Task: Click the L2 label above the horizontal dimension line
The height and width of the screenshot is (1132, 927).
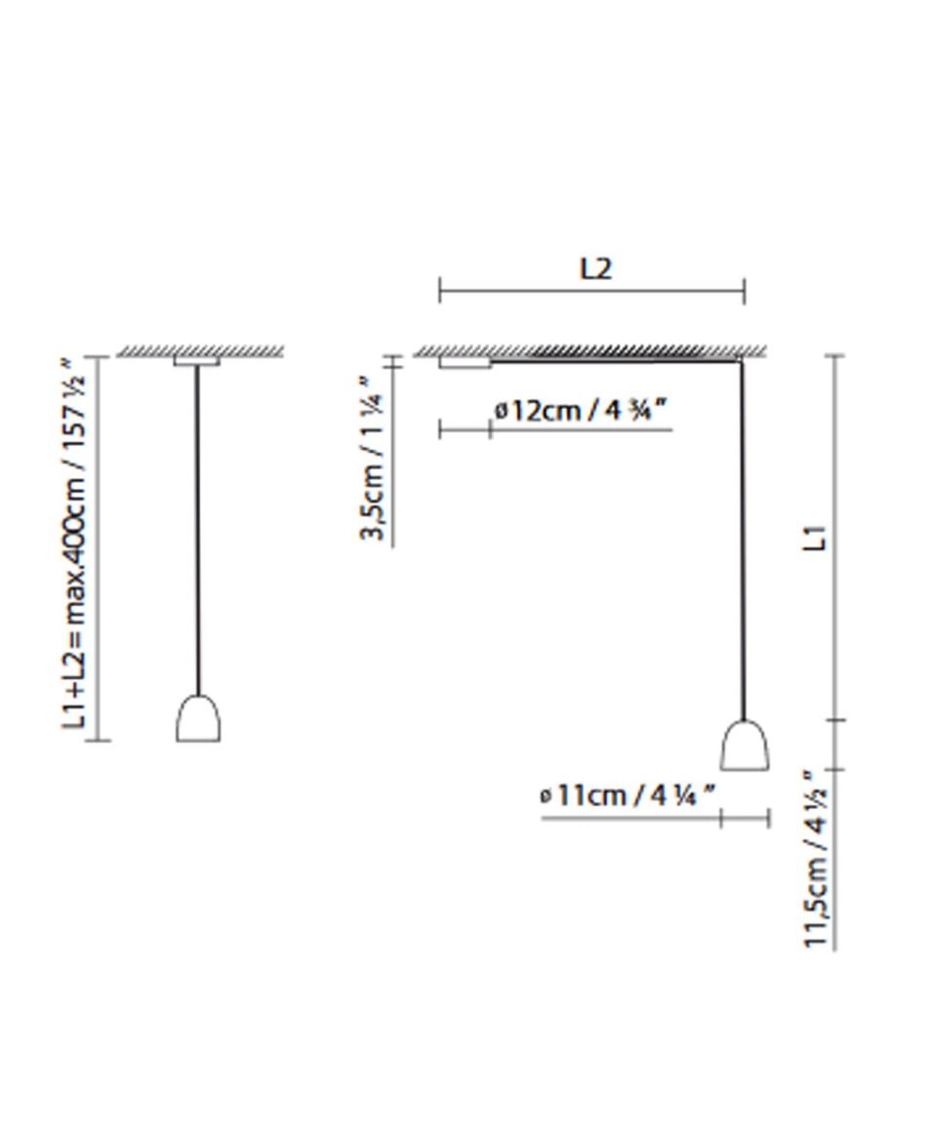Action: point(596,268)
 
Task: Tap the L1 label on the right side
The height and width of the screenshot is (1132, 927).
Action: point(815,539)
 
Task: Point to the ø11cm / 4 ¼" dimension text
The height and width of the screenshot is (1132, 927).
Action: point(628,795)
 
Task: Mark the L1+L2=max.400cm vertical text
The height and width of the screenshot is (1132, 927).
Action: point(75,543)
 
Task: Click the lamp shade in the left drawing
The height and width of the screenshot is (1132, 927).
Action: point(198,717)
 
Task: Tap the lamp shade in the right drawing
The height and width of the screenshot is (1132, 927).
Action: point(745,745)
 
